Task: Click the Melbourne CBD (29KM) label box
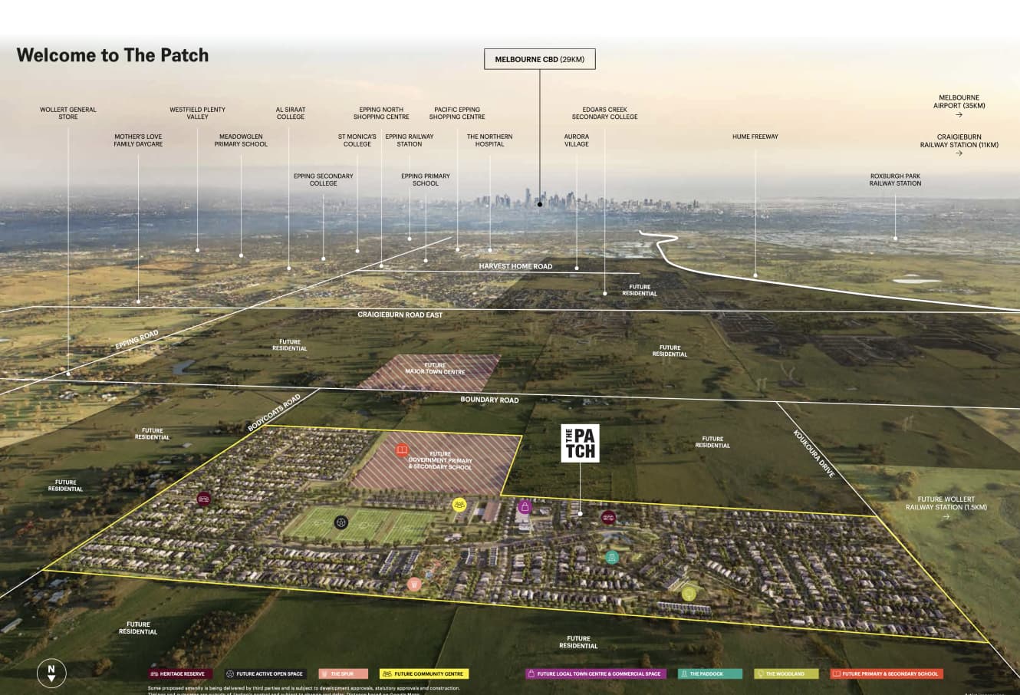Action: point(539,59)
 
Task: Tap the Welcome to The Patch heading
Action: point(113,55)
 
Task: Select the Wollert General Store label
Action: point(68,113)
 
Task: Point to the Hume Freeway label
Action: point(755,137)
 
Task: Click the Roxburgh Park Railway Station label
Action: point(895,180)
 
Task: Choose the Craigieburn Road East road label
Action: point(400,315)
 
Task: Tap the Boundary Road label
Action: point(489,400)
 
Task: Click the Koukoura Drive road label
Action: point(814,453)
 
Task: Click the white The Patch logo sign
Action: point(580,443)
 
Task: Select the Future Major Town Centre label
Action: point(435,369)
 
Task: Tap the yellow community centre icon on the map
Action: point(459,504)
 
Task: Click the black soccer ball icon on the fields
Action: point(341,522)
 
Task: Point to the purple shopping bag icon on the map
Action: point(525,506)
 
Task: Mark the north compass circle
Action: point(51,673)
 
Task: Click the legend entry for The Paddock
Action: point(710,674)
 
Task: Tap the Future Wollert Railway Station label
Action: point(946,504)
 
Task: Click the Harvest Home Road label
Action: point(515,266)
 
